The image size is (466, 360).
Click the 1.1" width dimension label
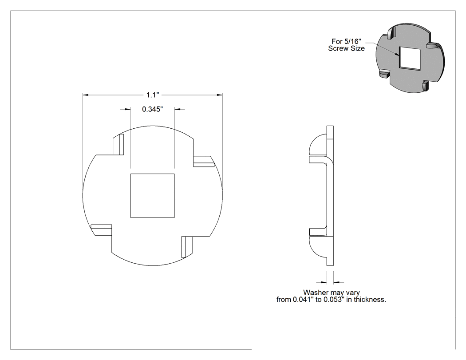coord(153,95)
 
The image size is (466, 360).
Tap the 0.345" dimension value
coord(153,109)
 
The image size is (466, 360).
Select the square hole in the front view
coord(153,196)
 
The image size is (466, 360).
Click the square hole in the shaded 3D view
coord(410,58)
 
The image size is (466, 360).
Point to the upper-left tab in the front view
coord(118,144)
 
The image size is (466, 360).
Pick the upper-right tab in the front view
coord(204,161)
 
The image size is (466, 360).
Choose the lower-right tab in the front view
coord(187,247)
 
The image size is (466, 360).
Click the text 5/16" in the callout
coord(352,41)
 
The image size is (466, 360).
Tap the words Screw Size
coord(347,48)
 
